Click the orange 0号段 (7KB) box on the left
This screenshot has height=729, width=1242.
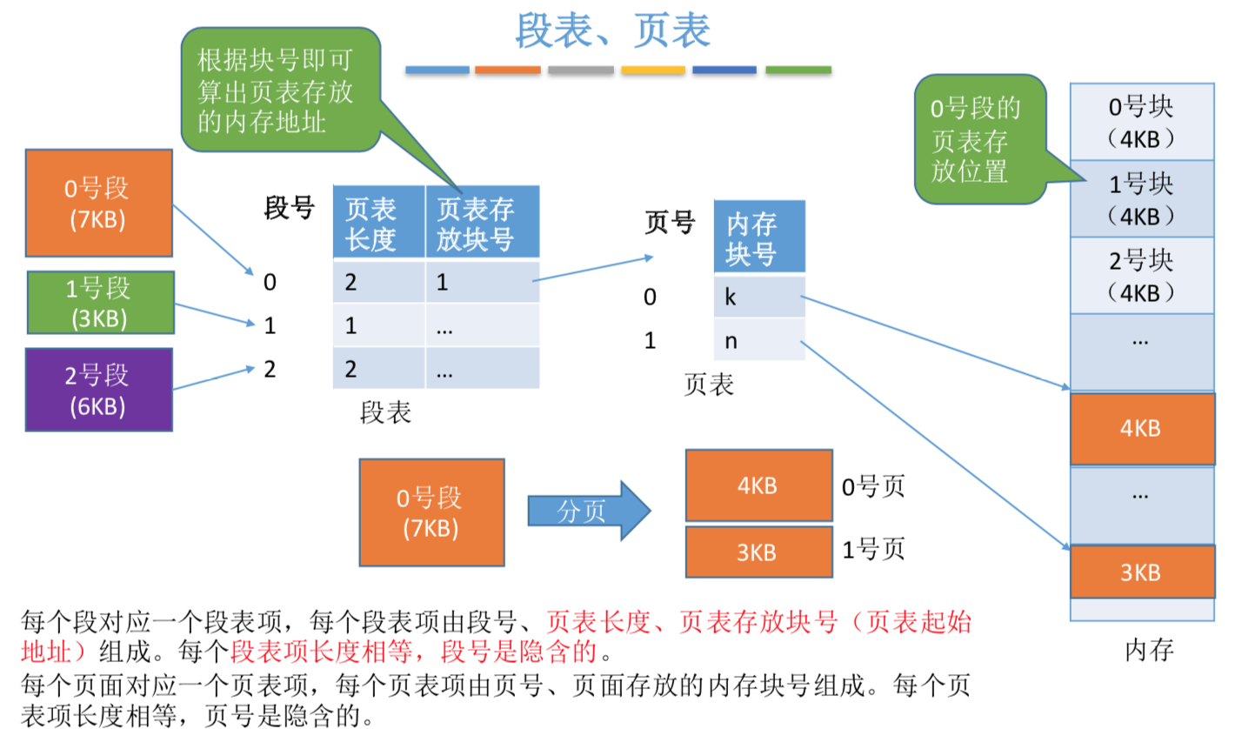(x=98, y=203)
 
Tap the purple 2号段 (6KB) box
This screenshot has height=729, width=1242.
(x=98, y=389)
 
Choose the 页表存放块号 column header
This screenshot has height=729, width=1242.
(x=482, y=224)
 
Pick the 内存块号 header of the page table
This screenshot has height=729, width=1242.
(x=758, y=237)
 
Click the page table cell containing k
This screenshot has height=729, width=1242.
(x=758, y=297)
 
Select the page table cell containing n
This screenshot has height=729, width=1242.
(x=758, y=340)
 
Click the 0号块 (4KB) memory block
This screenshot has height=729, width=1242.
(x=1141, y=122)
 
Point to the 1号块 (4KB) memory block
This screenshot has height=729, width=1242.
(x=1141, y=198)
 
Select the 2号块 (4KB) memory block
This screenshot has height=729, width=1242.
(x=1141, y=275)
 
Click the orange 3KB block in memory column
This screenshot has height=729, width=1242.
(x=1141, y=572)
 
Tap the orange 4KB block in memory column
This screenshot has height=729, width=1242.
(x=1141, y=429)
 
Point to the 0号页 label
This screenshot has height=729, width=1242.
(x=873, y=485)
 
